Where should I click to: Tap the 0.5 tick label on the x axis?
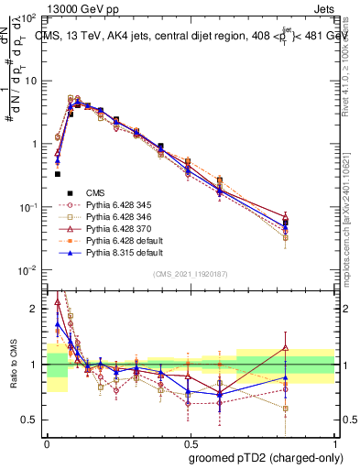coord(190,441)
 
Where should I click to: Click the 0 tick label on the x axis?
coord(46,441)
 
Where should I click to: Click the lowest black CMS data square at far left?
coord(57,173)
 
